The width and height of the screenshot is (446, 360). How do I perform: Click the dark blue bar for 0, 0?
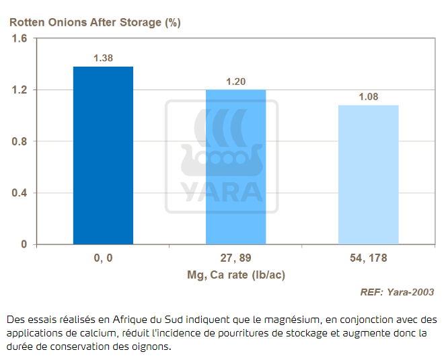(103, 155)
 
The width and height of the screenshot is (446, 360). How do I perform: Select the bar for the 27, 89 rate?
(235, 167)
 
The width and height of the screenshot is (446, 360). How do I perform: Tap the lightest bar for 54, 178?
(368, 175)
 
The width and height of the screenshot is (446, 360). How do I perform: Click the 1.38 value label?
(103, 58)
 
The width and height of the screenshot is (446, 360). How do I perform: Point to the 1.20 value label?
(235, 81)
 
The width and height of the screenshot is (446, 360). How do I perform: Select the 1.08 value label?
(368, 97)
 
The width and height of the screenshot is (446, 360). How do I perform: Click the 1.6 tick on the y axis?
(20, 38)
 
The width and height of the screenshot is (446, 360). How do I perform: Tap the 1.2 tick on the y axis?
(20, 90)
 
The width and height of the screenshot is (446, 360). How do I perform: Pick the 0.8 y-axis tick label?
(20, 141)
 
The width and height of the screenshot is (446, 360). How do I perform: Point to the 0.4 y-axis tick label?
(20, 193)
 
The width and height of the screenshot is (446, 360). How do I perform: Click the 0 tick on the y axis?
(24, 244)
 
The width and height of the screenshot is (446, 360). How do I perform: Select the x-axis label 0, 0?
(103, 258)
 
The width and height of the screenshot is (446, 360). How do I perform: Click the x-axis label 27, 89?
(235, 258)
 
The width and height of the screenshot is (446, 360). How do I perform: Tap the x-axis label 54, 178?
(368, 258)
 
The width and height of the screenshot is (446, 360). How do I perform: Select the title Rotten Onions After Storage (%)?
(95, 22)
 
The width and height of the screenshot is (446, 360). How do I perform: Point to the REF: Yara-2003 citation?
(397, 292)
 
